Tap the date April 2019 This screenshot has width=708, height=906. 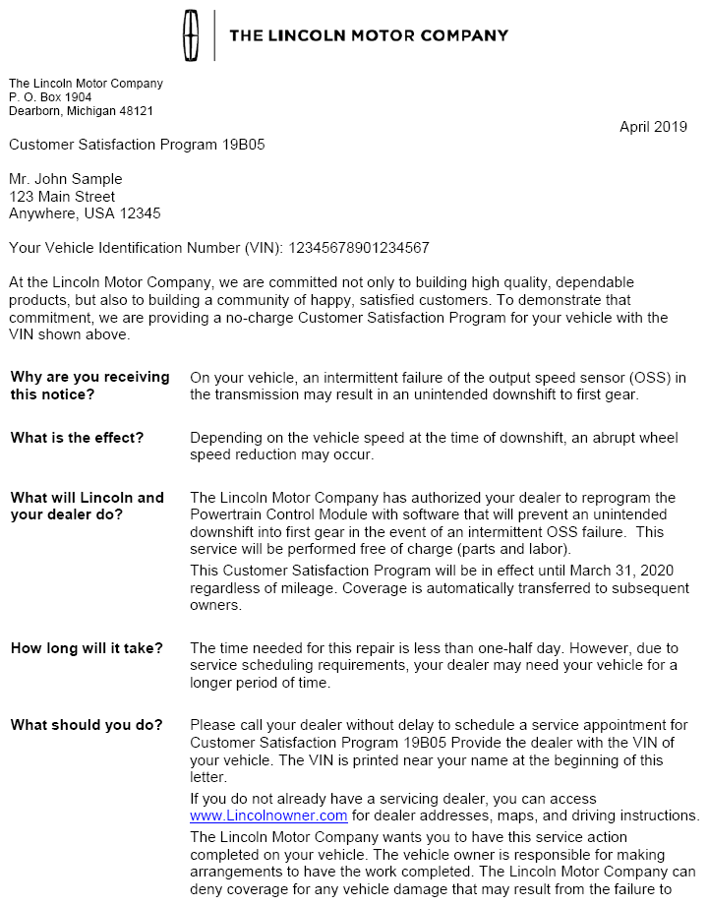pos(653,126)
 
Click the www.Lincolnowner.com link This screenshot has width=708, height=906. pos(268,815)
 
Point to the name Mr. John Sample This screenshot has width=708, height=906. pos(66,179)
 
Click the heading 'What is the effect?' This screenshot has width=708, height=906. pos(77,438)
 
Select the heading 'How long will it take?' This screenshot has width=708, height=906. pos(87,648)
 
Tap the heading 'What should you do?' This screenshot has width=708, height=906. pos(87,725)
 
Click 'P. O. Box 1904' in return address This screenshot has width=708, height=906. pos(50,97)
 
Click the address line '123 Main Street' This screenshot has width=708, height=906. pos(62,197)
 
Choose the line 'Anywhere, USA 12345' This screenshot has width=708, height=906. pos(85,213)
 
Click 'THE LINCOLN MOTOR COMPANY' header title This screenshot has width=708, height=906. pos(369,35)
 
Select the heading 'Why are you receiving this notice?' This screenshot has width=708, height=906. pos(89,386)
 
